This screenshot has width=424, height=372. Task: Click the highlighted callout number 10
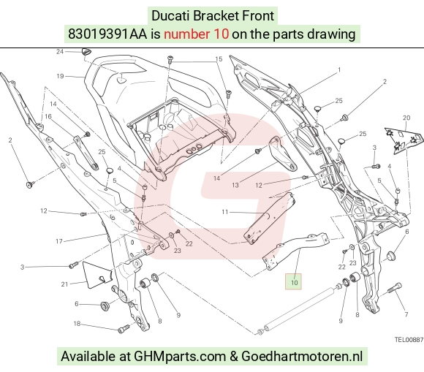(x=294, y=283)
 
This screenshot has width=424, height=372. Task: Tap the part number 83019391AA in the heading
(x=107, y=34)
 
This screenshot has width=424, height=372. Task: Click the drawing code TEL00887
(x=409, y=340)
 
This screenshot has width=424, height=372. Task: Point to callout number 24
(x=60, y=51)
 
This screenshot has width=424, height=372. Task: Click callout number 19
(x=60, y=76)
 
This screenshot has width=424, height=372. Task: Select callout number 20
(x=406, y=118)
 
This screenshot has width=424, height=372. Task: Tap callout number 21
(x=64, y=284)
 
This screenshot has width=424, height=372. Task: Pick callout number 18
(x=77, y=323)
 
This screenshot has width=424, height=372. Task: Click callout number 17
(x=59, y=241)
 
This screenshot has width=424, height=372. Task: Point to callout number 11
(x=225, y=212)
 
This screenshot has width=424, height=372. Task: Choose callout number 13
(x=235, y=185)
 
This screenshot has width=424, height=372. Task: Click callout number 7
(x=406, y=314)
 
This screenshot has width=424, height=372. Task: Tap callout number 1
(x=339, y=69)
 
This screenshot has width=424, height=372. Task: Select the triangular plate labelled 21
(x=96, y=273)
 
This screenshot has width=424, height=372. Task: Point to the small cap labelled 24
(x=86, y=51)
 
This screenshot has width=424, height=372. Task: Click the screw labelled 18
(x=124, y=328)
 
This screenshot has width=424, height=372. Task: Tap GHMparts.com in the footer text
(x=180, y=356)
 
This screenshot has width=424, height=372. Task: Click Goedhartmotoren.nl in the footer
(x=302, y=356)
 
